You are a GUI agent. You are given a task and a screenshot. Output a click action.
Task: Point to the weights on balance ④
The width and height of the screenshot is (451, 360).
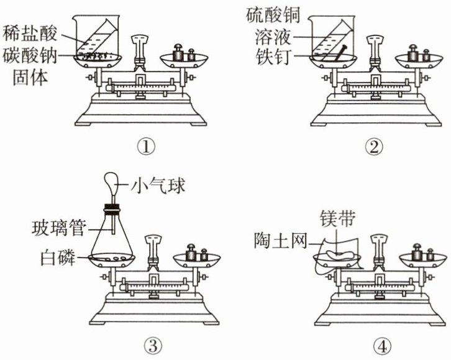(x=422, y=251)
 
